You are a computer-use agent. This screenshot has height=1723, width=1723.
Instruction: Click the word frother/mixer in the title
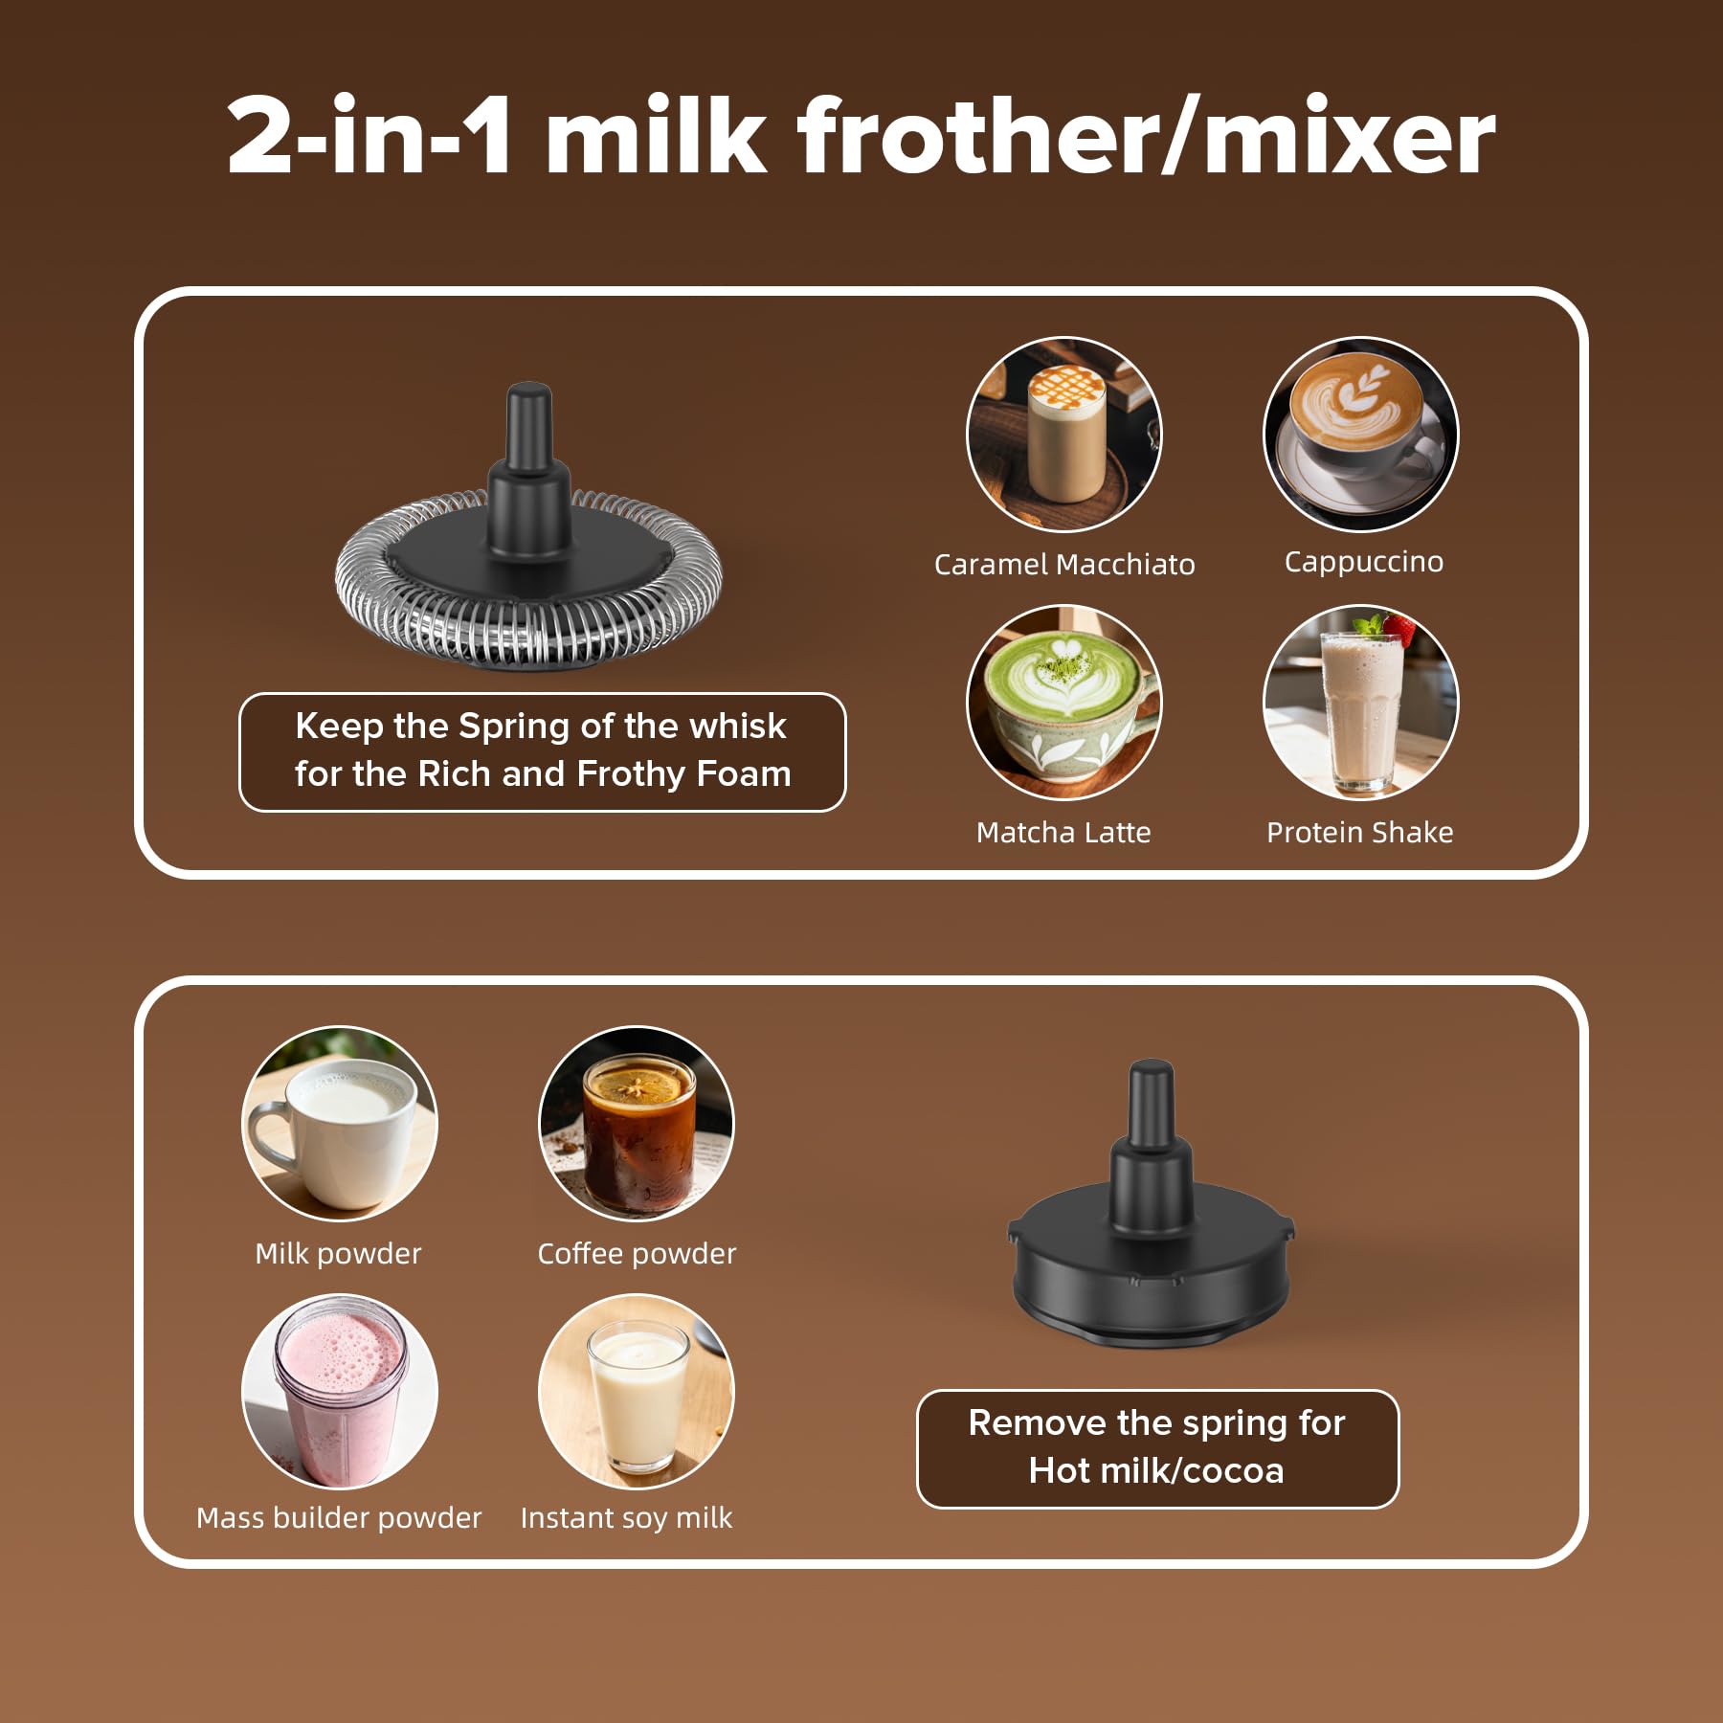1146,136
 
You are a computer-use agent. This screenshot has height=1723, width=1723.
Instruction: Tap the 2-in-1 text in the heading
369,136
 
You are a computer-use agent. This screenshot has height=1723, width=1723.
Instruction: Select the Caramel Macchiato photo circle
1064,434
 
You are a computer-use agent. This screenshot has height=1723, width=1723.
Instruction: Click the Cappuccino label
1363,562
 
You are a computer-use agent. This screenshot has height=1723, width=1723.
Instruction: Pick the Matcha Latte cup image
1064,702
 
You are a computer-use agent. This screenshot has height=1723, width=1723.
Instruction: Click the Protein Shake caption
1359,832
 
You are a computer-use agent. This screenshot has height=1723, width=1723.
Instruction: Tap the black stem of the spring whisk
528,450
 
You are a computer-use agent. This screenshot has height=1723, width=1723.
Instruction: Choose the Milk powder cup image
339,1123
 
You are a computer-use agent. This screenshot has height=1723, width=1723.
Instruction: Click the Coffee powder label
637,1253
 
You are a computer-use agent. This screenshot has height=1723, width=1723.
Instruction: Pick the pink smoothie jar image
339,1391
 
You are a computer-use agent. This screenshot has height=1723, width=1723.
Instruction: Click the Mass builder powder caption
339,1517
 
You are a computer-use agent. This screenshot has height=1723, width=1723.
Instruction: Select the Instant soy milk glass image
637,1391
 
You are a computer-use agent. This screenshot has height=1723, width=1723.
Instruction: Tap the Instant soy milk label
626,1517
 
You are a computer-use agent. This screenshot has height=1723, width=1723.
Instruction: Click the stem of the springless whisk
1152,1130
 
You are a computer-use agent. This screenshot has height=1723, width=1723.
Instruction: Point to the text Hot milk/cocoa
1156,1470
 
